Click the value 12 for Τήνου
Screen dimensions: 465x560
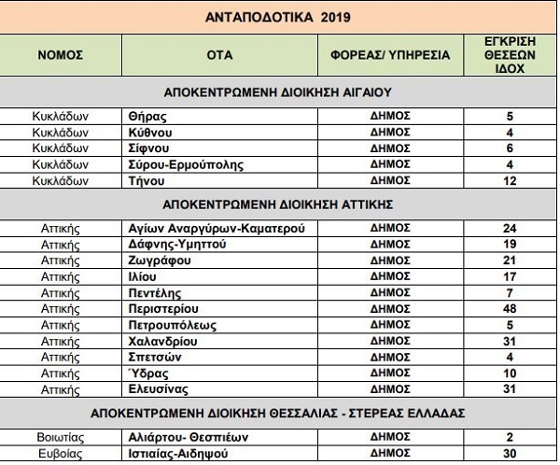(510, 180)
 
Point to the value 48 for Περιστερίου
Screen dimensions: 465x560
(510, 307)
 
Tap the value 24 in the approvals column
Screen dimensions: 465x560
(510, 228)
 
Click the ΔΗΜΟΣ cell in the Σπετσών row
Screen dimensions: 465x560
(390, 356)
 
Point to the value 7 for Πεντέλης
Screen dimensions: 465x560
(510, 291)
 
